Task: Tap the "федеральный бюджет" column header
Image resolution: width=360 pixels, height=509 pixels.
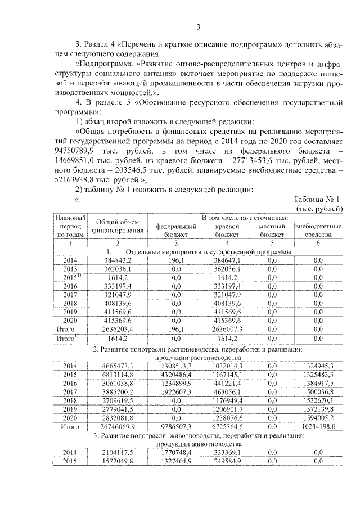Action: pyautogui.click(x=175, y=229)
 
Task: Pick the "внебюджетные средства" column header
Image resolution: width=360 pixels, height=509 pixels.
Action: pyautogui.click(x=318, y=229)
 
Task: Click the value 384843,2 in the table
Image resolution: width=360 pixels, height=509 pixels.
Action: pyautogui.click(x=118, y=260)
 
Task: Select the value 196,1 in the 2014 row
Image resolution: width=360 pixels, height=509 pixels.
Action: pyautogui.click(x=175, y=260)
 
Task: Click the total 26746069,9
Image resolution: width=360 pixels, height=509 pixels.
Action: pyautogui.click(x=118, y=427)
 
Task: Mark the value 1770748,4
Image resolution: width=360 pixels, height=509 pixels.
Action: pyautogui.click(x=175, y=452)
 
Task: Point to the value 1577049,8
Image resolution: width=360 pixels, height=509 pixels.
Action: pyautogui.click(x=118, y=461)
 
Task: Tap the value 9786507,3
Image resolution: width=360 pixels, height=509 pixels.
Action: pyautogui.click(x=175, y=427)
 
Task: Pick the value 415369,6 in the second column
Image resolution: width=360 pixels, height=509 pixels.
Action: pyautogui.click(x=118, y=319)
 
